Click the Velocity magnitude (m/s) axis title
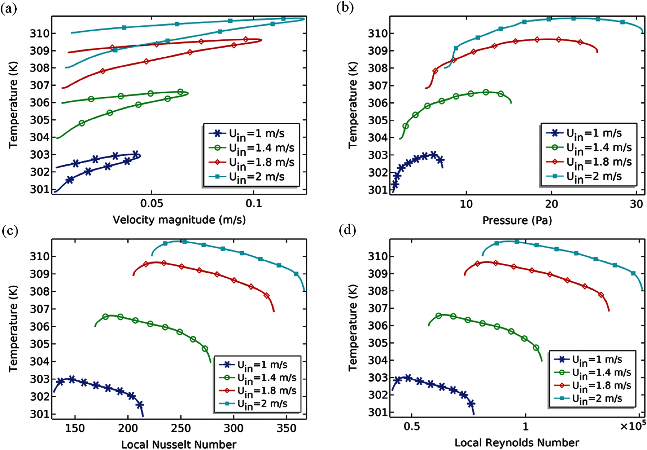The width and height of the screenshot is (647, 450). pos(179,220)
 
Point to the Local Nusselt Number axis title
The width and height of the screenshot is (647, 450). pos(179,444)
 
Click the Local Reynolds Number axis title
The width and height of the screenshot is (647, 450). pos(517,443)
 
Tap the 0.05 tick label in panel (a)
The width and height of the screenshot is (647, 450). pos(152,204)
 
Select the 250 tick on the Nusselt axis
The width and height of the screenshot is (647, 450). pos(181,428)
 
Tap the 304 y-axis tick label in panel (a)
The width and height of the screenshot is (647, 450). pos(39,137)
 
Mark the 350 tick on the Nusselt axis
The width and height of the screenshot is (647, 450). pos(286,428)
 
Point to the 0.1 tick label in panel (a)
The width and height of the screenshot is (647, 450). pos(254,204)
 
